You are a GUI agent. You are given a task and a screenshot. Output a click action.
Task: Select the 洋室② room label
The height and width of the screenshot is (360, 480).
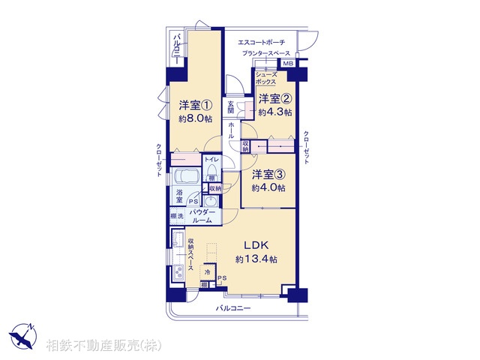274,99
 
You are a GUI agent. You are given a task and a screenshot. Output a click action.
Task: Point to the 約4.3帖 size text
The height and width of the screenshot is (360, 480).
274,112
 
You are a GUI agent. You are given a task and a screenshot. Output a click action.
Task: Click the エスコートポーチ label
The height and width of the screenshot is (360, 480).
261,42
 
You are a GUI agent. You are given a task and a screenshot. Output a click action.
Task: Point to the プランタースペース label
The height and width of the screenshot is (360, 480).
266,55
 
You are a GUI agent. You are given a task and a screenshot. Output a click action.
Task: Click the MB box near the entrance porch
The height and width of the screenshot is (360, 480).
289,65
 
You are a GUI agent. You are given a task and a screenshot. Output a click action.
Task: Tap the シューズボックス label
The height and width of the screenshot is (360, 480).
267,77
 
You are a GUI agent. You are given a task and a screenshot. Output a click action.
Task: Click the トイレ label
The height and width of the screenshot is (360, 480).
212,160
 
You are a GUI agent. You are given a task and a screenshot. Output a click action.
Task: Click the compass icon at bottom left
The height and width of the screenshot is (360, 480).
23,333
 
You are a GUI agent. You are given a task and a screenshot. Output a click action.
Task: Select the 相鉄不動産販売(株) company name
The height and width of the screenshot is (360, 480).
103,345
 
